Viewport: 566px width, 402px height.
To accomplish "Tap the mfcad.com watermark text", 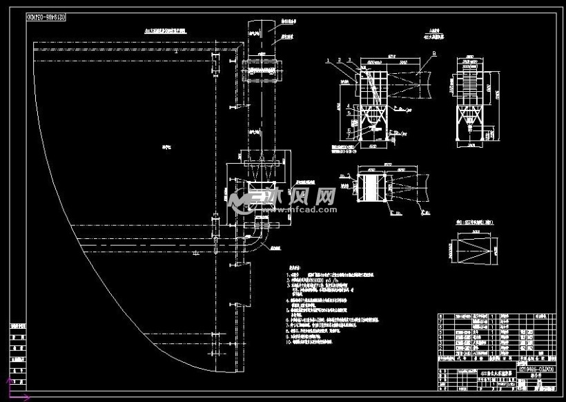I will tap(307, 207).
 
